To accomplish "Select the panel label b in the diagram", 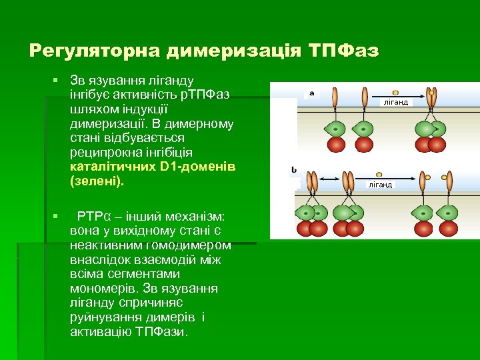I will (x=294, y=171).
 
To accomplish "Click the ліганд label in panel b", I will (x=380, y=185).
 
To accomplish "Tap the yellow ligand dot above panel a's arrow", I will (x=396, y=92).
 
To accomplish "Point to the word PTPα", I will (x=93, y=216).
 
